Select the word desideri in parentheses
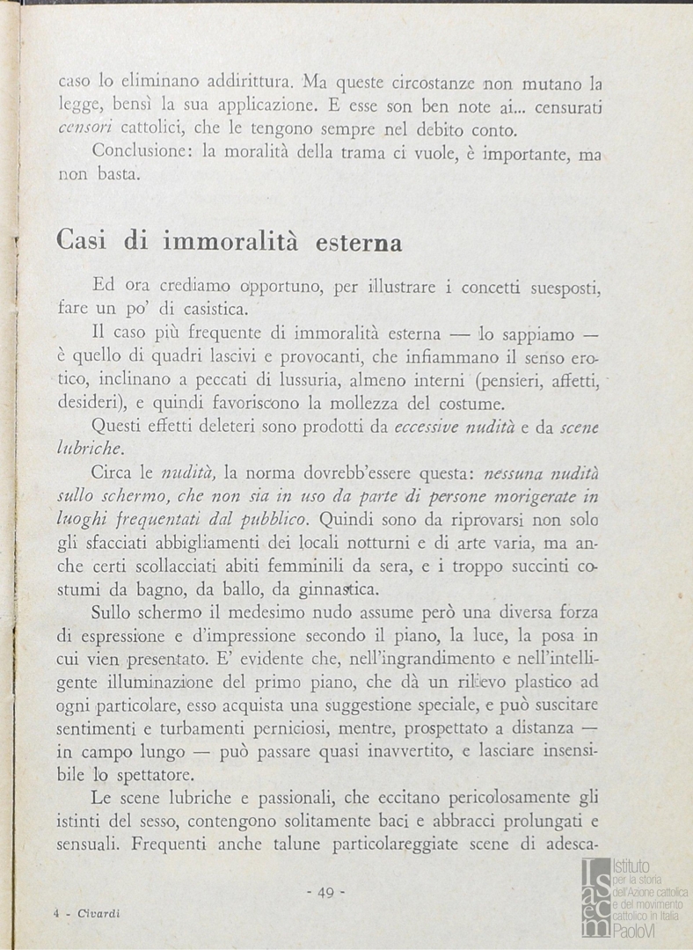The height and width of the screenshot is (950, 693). (91, 405)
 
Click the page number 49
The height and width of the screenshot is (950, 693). (325, 892)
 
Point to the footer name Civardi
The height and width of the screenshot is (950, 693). (98, 914)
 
